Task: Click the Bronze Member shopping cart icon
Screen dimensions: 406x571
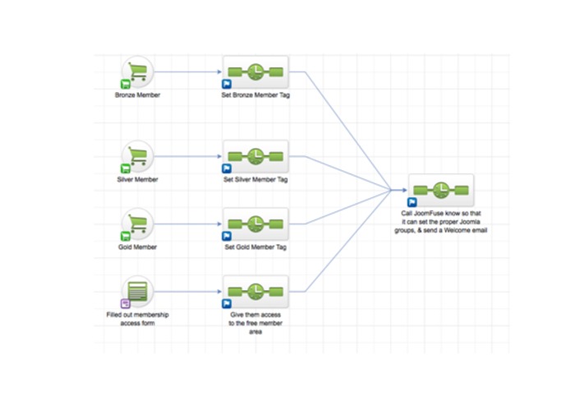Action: (138, 72)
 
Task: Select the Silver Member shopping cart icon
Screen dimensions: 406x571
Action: (138, 156)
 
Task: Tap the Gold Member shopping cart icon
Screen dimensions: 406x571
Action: (138, 224)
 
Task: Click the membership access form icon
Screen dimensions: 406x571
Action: (138, 291)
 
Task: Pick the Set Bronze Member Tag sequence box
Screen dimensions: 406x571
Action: (256, 72)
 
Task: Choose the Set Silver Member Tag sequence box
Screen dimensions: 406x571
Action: (256, 156)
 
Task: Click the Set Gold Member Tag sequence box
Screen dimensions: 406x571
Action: (256, 224)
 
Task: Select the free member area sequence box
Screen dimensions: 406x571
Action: (256, 291)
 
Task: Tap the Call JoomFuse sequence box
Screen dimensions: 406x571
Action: (441, 190)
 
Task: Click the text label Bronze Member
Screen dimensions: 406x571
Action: (137, 95)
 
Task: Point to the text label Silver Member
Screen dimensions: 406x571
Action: (137, 179)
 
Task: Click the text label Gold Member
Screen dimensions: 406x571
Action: (137, 247)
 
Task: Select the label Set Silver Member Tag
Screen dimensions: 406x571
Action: (256, 179)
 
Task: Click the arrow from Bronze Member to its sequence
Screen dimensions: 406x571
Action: (188, 72)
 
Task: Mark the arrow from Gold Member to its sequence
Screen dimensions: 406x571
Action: (188, 224)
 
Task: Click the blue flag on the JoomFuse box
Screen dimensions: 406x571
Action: (412, 202)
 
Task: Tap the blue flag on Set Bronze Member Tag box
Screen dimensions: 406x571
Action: (227, 84)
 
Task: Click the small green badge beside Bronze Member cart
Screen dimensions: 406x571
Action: (125, 84)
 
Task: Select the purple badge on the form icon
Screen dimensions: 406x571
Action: (125, 303)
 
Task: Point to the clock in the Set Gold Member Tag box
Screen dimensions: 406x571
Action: (256, 224)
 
